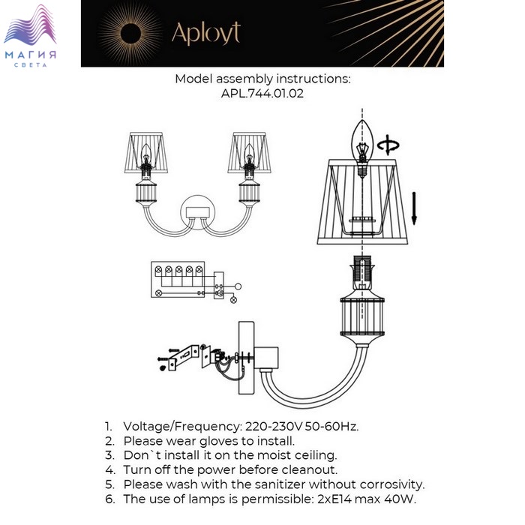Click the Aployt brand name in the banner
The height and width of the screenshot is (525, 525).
[x=206, y=33]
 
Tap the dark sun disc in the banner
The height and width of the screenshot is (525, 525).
[x=130, y=34]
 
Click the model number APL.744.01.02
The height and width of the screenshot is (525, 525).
[x=262, y=94]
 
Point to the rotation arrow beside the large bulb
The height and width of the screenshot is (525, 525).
[x=388, y=145]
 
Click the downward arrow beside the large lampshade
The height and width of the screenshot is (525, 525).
[x=414, y=208]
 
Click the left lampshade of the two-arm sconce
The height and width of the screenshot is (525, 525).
[x=146, y=153]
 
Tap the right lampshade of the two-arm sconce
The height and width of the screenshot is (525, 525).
[x=249, y=153]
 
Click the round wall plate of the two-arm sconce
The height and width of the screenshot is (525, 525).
[x=197, y=212]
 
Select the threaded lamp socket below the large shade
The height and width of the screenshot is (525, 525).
[x=362, y=272]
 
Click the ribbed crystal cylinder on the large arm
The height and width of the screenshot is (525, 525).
[x=362, y=316]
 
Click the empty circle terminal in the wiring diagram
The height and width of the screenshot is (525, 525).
[x=238, y=286]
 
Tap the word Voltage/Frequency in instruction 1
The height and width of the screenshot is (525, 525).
[x=182, y=427]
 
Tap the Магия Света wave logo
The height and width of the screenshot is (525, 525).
[x=30, y=35]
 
